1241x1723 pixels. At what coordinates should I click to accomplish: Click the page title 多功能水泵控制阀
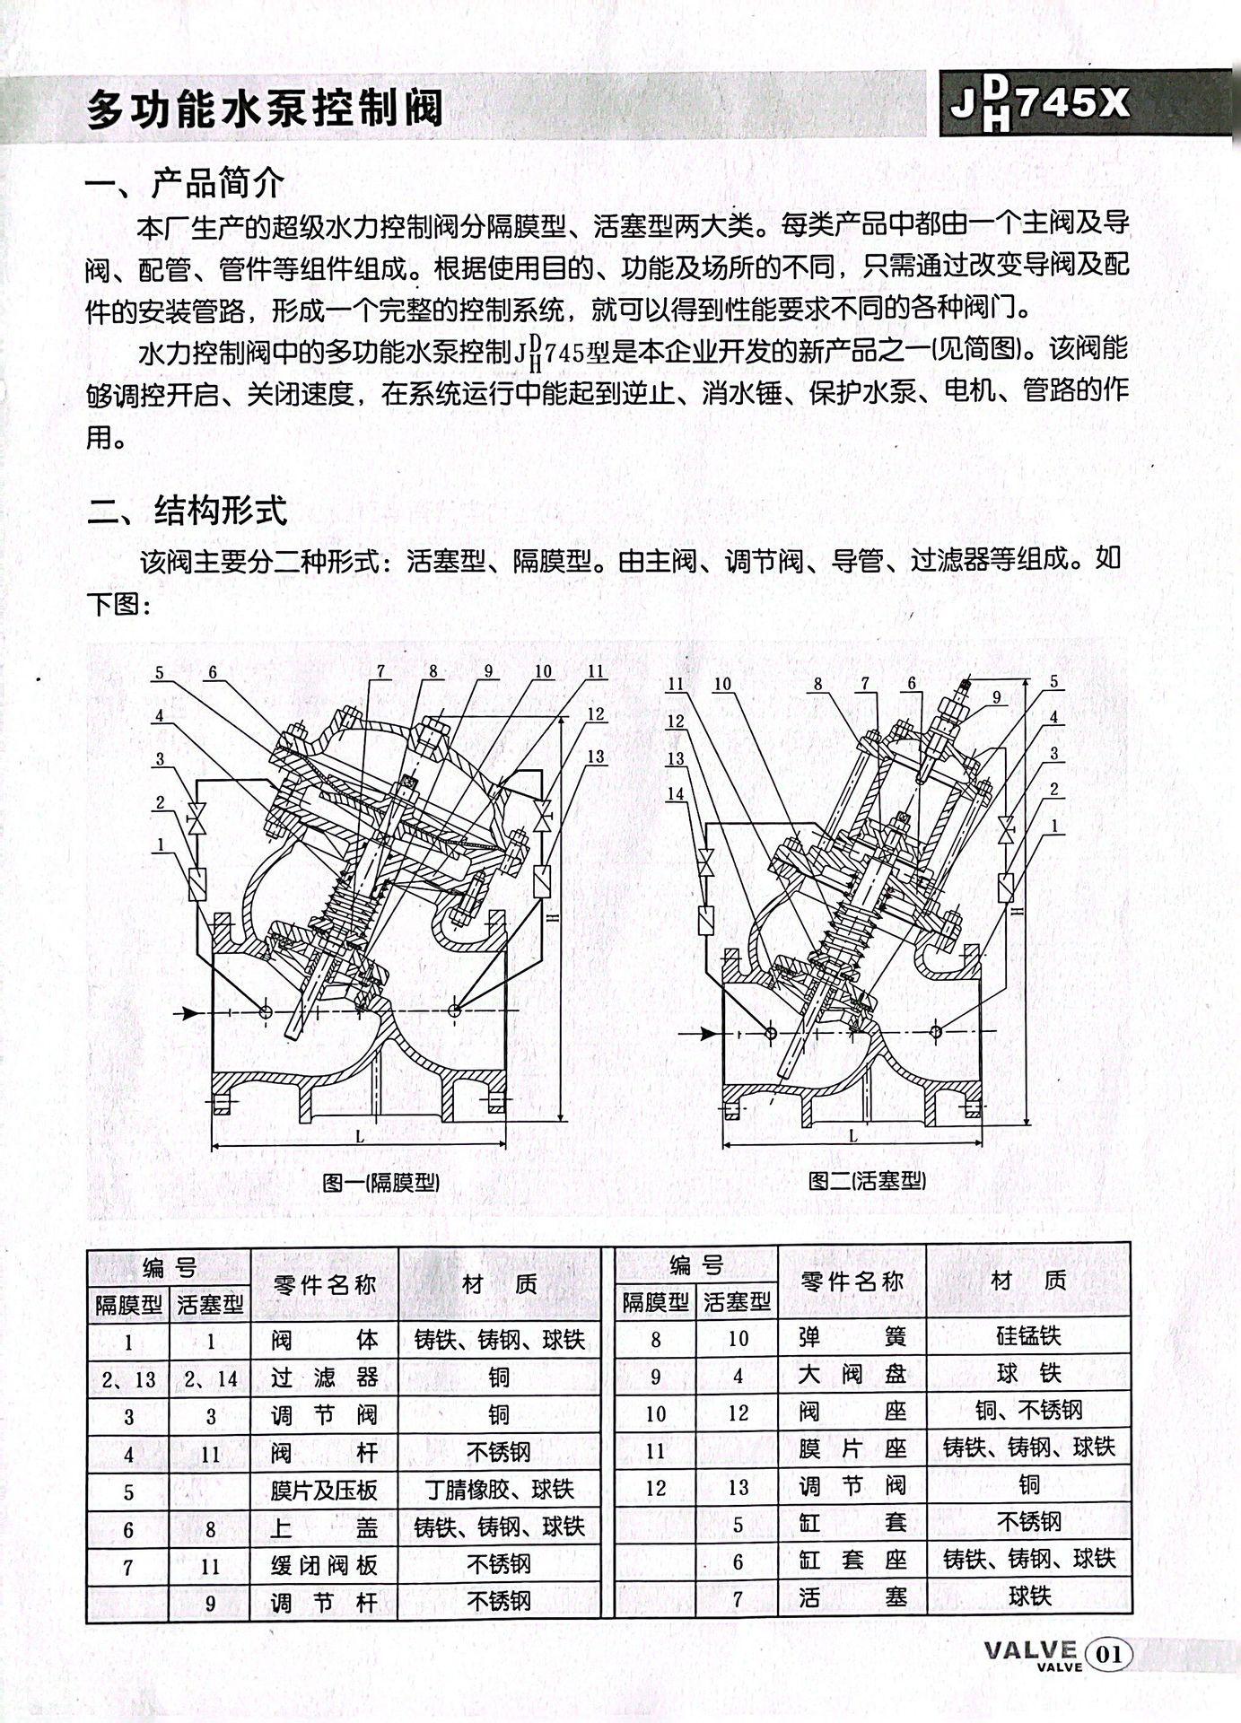pyautogui.click(x=266, y=110)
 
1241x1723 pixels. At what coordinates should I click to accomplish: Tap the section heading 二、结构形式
pyautogui.click(x=188, y=511)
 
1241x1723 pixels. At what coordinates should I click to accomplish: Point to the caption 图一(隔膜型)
pyautogui.click(x=381, y=1182)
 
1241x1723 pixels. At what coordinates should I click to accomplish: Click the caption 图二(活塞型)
pyautogui.click(x=866, y=1180)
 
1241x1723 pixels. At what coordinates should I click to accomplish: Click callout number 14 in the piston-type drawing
pyautogui.click(x=676, y=793)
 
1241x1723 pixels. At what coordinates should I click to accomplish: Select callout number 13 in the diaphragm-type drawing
pyautogui.click(x=597, y=757)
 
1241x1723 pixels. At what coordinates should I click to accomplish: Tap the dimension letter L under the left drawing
pyautogui.click(x=360, y=1136)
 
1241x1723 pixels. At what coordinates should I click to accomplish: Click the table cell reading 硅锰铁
pyautogui.click(x=1027, y=1336)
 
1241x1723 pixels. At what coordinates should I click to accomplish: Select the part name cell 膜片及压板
pyautogui.click(x=324, y=1490)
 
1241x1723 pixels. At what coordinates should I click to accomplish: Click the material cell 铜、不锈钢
pyautogui.click(x=1028, y=1412)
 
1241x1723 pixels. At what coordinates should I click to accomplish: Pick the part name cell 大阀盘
pyautogui.click(x=852, y=1374)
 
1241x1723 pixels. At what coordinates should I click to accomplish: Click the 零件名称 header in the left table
pyautogui.click(x=324, y=1283)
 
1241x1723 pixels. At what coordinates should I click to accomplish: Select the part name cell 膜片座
pyautogui.click(x=852, y=1448)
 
